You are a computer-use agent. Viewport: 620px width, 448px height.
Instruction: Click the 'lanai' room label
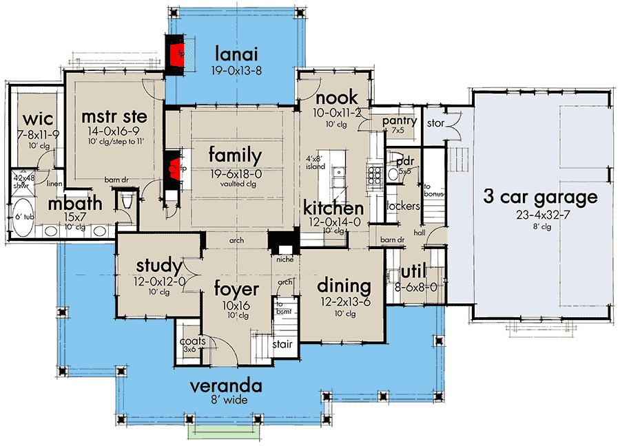pyautogui.click(x=236, y=54)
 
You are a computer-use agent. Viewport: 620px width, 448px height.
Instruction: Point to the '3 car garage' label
pyautogui.click(x=541, y=198)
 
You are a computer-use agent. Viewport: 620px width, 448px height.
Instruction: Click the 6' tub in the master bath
pyautogui.click(x=23, y=217)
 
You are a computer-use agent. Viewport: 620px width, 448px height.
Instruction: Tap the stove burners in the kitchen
pyautogui.click(x=375, y=174)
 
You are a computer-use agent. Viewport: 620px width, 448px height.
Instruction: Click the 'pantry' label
pyautogui.click(x=400, y=122)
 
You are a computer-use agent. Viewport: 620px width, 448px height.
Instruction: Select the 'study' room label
pyautogui.click(x=159, y=266)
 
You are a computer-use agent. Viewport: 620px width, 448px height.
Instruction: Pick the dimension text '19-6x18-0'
pyautogui.click(x=236, y=174)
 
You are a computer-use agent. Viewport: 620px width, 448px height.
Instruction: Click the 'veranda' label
pyautogui.click(x=226, y=386)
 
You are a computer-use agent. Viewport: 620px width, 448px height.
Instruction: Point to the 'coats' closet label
pyautogui.click(x=193, y=341)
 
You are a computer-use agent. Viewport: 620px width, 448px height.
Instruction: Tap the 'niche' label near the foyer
pyautogui.click(x=285, y=259)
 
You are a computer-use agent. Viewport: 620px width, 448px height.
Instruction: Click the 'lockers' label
pyautogui.click(x=403, y=206)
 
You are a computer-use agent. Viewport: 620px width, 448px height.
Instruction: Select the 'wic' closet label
pyautogui.click(x=38, y=119)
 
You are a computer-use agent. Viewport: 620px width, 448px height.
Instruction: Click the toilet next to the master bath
pyautogui.click(x=127, y=202)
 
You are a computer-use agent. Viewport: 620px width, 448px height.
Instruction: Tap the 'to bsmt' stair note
pyautogui.click(x=284, y=308)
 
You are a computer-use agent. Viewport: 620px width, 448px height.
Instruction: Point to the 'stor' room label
pyautogui.click(x=436, y=123)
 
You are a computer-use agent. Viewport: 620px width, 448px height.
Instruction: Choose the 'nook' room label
pyautogui.click(x=337, y=98)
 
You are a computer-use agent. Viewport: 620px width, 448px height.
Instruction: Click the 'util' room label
pyautogui.click(x=413, y=272)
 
